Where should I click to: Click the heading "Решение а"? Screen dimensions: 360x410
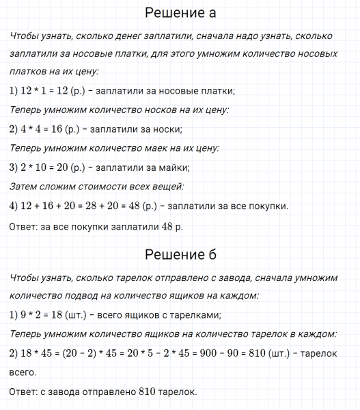[x=180, y=13]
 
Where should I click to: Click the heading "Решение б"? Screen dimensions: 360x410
[x=180, y=255]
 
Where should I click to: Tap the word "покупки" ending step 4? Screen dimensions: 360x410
[x=269, y=206]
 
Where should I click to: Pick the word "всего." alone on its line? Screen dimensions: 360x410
[x=24, y=372]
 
